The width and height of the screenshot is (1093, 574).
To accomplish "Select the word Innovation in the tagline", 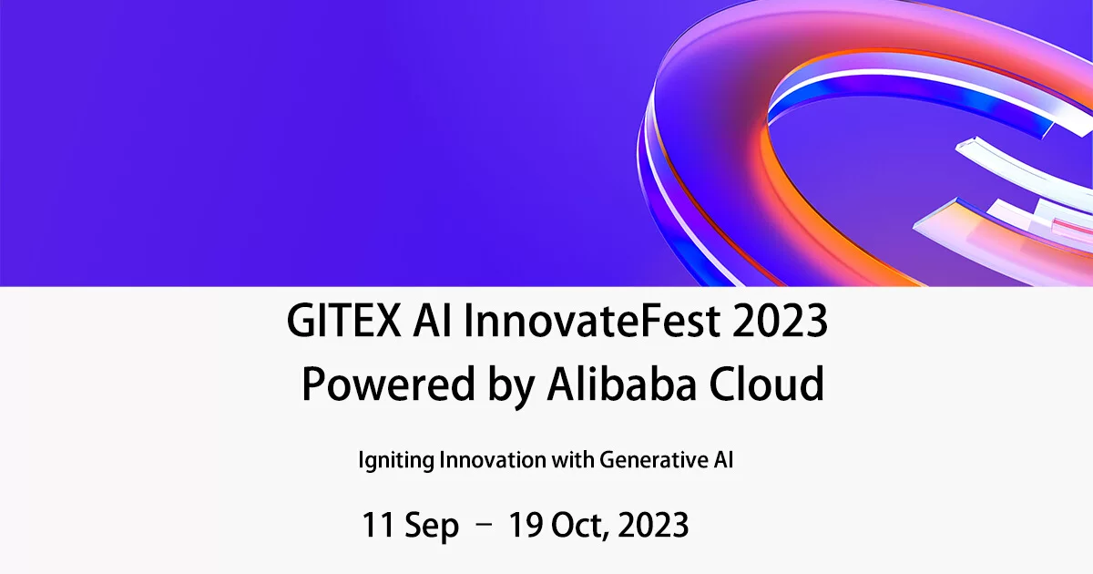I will tap(493, 460).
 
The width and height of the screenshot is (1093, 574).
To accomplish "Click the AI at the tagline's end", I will tap(721, 460).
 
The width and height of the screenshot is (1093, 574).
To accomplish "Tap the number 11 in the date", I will tap(377, 526).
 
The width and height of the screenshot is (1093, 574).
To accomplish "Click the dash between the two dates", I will tap(485, 525).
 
